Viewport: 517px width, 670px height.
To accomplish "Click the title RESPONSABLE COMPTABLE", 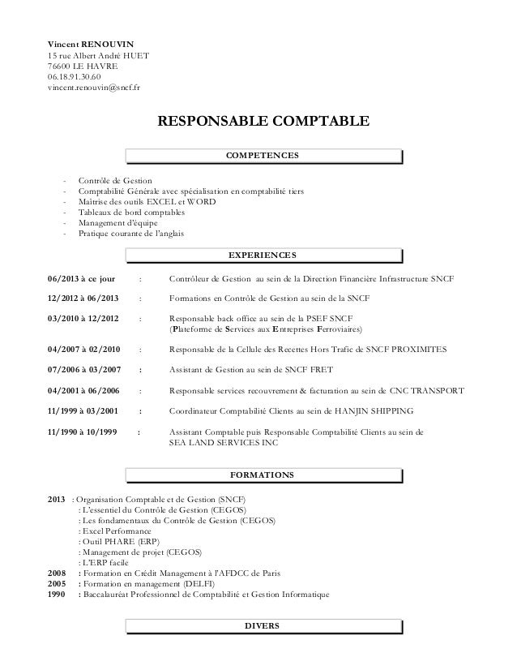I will pos(263,122).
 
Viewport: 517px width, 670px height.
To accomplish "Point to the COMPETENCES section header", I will pos(263,155).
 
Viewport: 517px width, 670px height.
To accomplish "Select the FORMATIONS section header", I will pos(263,474).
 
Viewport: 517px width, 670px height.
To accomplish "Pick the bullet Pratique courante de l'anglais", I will pos(130,234).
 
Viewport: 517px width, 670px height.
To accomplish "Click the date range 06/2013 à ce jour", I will pos(83,279).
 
